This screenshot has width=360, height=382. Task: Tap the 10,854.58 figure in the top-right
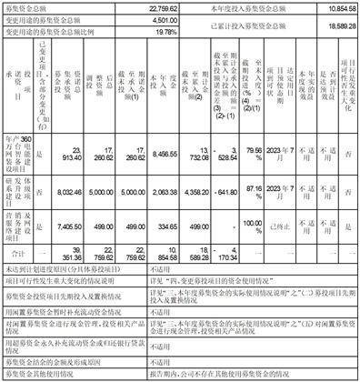point(339,6)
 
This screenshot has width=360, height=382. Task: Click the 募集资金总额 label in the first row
point(28,6)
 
